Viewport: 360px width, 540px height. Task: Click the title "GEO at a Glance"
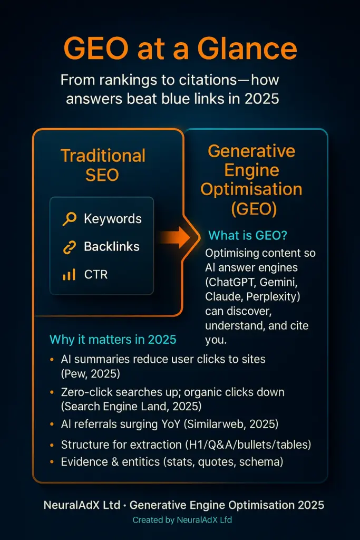(180, 49)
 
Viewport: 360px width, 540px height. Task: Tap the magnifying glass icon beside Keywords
(69, 219)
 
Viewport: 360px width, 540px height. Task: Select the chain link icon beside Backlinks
(69, 247)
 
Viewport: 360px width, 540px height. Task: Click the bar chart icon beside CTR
(69, 274)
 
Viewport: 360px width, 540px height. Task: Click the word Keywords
(113, 219)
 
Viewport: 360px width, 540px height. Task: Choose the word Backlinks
(112, 247)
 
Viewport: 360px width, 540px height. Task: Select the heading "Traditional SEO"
(103, 165)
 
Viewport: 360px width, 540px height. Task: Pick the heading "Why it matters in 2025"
(113, 339)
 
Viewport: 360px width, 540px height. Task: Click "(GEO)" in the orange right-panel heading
(254, 208)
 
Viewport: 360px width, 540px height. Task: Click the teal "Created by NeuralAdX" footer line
(180, 520)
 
